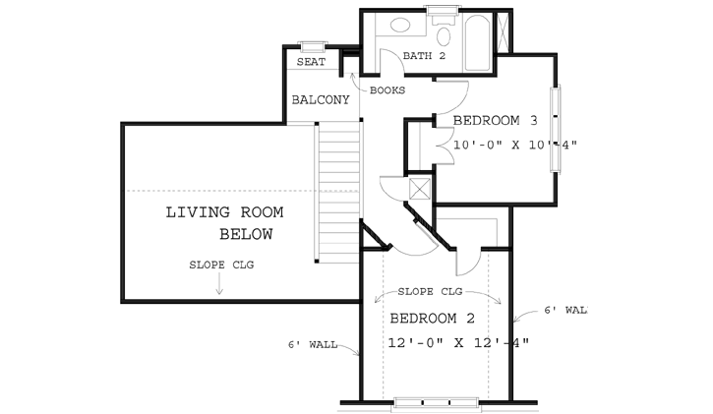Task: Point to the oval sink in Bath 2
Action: (400, 27)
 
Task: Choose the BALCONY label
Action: (321, 100)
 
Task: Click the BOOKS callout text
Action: (387, 90)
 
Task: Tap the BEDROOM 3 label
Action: (495, 122)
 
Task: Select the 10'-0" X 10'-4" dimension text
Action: (513, 146)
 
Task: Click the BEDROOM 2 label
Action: (433, 319)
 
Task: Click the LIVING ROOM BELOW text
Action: (224, 223)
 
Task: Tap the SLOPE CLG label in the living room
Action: (221, 266)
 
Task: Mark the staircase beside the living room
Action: (337, 187)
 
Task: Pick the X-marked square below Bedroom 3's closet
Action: (420, 188)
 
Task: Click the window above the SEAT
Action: (313, 45)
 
